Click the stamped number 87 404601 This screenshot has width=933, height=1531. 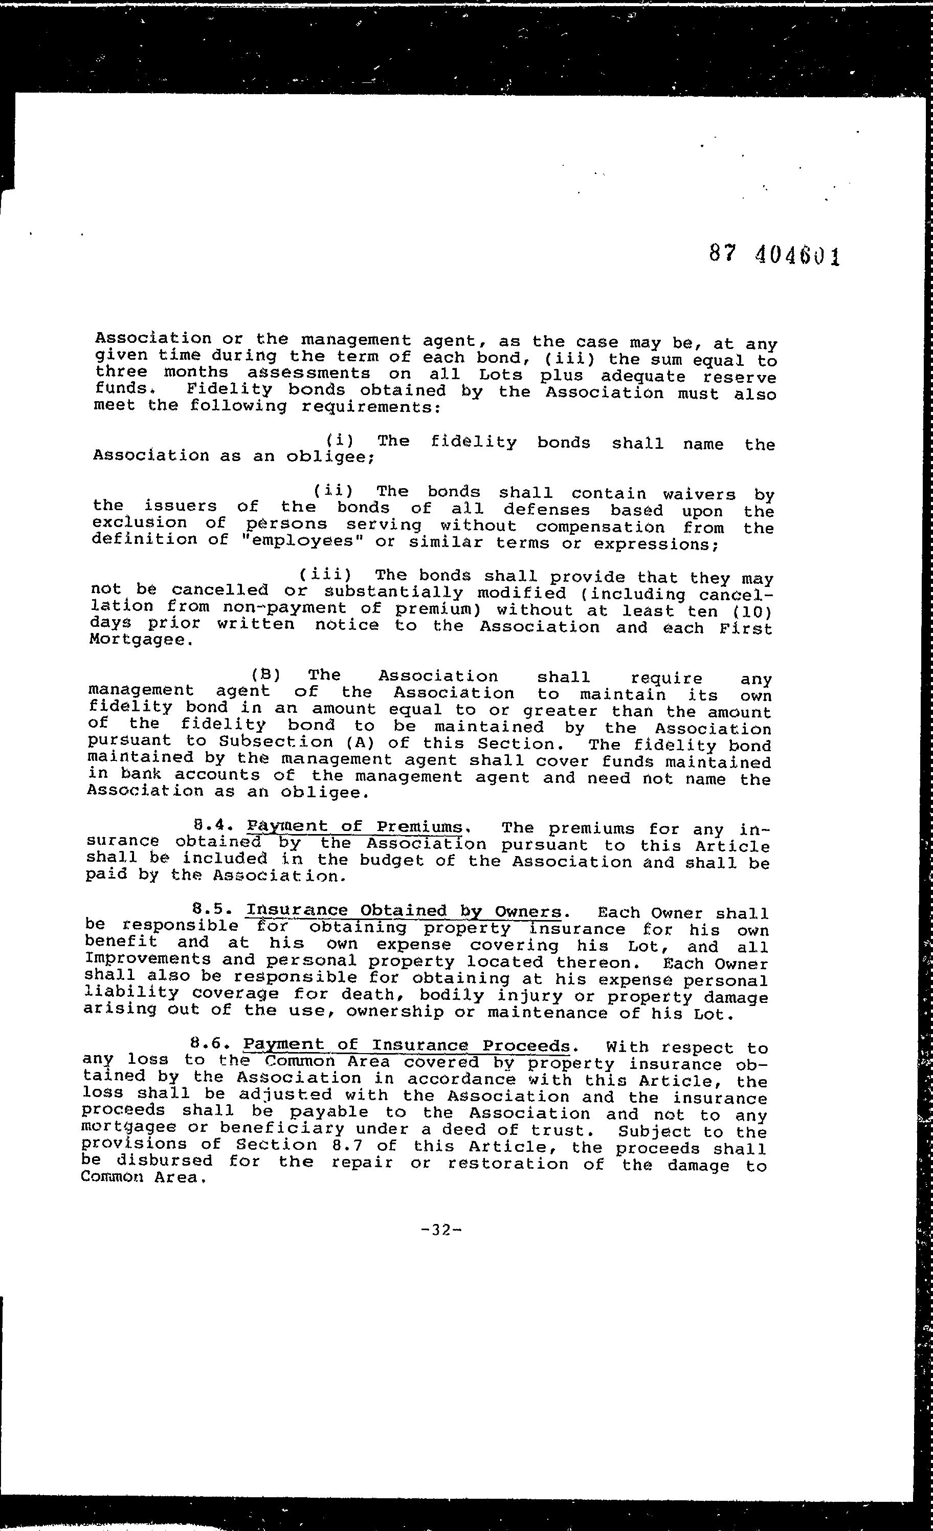[x=774, y=255]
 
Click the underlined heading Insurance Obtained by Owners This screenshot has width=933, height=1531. [x=404, y=911]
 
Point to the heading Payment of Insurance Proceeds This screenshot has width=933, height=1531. [x=406, y=1045]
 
